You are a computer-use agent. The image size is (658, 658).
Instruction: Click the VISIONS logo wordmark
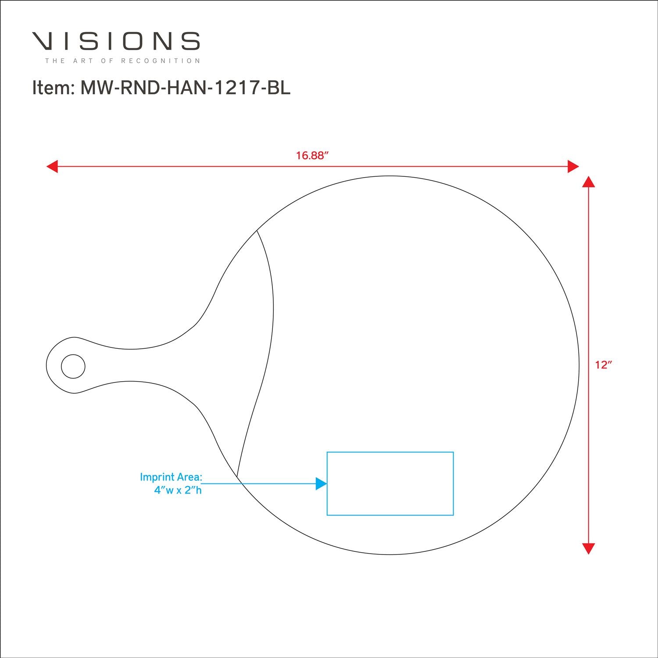(116, 41)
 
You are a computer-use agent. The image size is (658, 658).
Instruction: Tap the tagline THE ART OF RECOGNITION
(122, 61)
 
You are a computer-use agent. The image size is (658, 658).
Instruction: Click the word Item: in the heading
(52, 88)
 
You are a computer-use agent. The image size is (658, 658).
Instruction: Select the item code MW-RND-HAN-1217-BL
(185, 88)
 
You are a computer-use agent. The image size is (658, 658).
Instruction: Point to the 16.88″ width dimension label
(312, 155)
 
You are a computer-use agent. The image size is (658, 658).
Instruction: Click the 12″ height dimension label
(604, 365)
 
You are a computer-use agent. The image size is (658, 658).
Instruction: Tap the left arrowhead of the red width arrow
(52, 167)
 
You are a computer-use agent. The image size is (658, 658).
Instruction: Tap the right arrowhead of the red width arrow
(573, 167)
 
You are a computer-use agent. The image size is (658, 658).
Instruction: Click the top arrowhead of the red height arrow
(588, 182)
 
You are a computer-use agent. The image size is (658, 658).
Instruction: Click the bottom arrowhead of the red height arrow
(588, 548)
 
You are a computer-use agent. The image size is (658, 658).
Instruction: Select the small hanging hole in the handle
(73, 366)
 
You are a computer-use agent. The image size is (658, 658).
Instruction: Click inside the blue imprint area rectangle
(390, 483)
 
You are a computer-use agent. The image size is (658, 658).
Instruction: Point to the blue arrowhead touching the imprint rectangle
(322, 484)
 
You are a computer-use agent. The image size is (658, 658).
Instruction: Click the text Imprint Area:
(171, 477)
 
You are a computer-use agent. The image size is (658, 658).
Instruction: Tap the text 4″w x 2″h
(178, 490)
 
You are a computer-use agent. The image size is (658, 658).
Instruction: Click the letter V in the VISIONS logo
(44, 41)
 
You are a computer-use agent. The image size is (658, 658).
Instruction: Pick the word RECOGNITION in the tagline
(161, 61)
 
